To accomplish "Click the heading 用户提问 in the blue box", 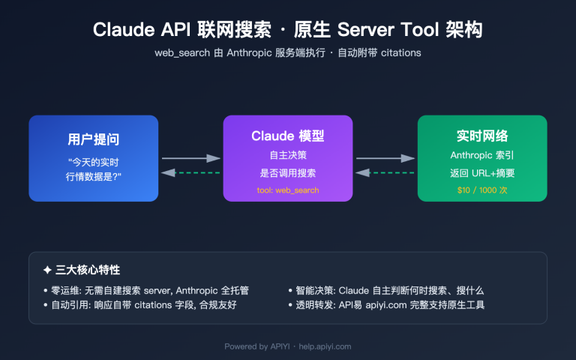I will coord(94,139).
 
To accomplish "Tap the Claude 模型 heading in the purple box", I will coord(287,136).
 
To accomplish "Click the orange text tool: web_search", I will coord(287,190).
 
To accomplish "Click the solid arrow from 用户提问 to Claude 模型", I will coord(190,158).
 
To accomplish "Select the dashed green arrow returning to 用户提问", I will coord(190,172).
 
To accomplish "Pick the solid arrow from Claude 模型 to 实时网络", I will coord(385,158).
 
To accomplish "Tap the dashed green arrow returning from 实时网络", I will coord(385,172).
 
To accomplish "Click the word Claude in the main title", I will coord(123,30).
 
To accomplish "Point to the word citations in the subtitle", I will coord(400,53).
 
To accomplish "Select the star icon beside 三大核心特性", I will coord(48,269).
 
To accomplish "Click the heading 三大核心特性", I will coord(88,269).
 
